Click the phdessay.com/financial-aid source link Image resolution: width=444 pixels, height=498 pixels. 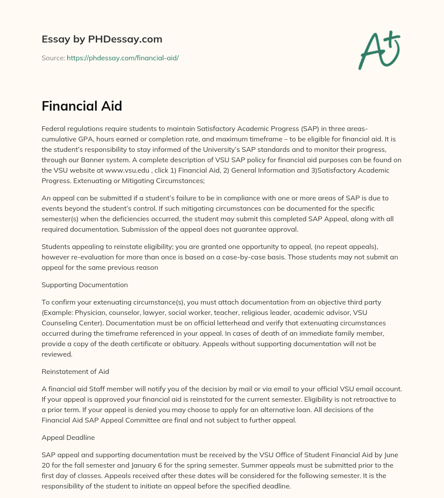click(123, 58)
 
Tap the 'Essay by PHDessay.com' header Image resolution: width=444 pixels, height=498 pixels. click(102, 39)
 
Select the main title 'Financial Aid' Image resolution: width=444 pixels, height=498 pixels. click(82, 106)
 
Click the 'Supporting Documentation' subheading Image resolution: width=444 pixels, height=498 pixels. click(85, 285)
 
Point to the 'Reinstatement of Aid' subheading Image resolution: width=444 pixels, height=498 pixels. click(75, 371)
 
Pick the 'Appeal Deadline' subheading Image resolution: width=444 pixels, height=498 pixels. click(68, 438)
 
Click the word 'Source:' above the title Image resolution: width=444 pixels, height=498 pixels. click(53, 58)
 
